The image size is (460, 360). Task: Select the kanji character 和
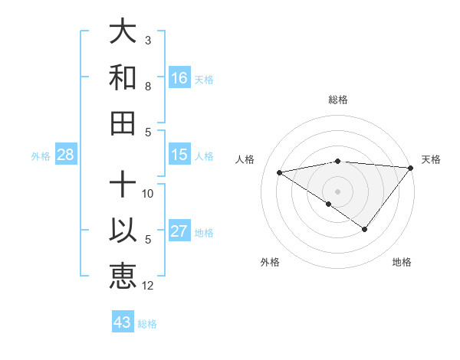[x=123, y=77]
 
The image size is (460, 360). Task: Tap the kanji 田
[x=123, y=122]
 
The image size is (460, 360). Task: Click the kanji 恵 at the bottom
[x=123, y=276]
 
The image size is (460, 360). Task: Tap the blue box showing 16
[x=179, y=77]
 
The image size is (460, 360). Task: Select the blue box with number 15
[x=179, y=155]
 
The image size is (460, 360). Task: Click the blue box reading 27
[x=179, y=231]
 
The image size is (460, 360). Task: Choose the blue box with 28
[x=66, y=155]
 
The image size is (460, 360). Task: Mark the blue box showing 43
[x=123, y=322]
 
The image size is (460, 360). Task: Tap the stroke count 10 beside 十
[x=149, y=194]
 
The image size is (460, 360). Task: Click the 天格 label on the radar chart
[x=431, y=159]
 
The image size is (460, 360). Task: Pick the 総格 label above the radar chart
[x=338, y=100]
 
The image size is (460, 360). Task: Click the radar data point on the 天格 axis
[x=411, y=168]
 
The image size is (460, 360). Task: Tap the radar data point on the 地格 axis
[x=365, y=229]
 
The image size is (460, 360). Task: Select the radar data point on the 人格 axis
[x=280, y=172]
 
